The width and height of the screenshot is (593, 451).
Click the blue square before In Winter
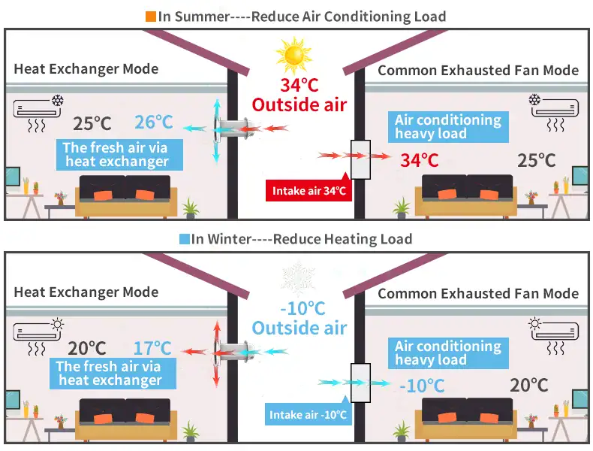185,240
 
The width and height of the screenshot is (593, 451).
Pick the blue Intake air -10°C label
308,414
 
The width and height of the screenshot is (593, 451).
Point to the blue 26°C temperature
154,123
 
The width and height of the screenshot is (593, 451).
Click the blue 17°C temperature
152,348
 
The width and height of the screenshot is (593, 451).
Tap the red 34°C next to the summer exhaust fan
418,160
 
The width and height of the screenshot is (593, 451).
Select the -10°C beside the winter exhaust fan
422,386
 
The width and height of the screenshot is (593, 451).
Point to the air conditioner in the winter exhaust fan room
555,331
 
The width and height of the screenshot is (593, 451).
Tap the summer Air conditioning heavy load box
447,127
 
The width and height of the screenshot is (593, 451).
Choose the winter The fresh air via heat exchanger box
109,374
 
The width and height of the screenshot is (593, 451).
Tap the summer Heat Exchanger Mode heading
86,69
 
